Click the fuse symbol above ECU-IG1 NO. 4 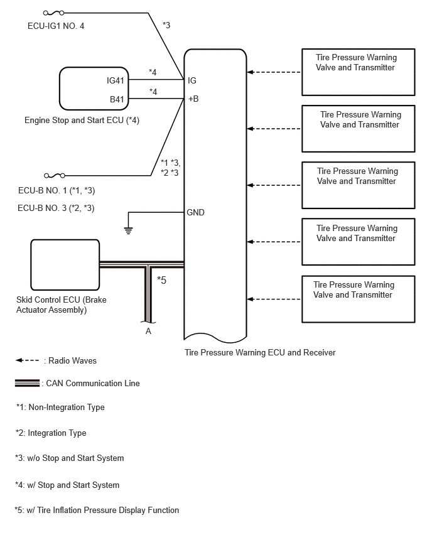[53, 13]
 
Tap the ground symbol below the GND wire [128, 230]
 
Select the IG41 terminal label [116, 80]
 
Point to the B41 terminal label [117, 99]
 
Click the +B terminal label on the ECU [193, 99]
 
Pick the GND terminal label [195, 212]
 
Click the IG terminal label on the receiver [192, 80]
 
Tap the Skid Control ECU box [65, 265]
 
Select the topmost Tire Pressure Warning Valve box [359, 72]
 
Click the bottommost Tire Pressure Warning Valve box [359, 300]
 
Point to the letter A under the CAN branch [148, 331]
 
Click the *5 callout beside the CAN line [162, 280]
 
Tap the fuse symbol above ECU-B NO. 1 [55, 176]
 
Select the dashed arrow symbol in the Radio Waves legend [27, 360]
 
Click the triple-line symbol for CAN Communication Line [27, 383]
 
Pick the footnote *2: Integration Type [51, 433]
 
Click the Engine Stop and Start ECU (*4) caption [82, 120]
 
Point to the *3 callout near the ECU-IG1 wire [166, 25]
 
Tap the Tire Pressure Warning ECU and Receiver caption [260, 352]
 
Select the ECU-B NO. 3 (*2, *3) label [56, 208]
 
